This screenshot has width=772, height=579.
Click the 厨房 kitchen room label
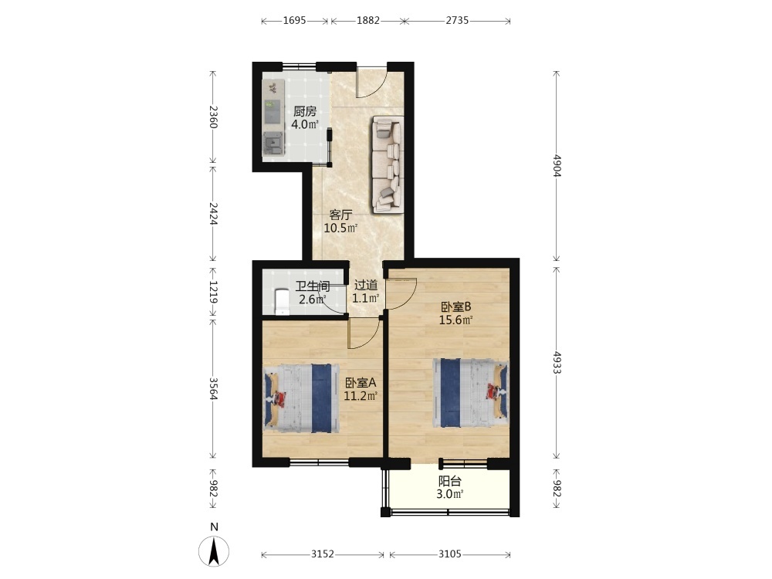click(x=305, y=111)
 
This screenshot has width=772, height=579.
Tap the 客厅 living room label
click(x=340, y=215)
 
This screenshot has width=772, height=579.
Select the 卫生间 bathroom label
click(x=313, y=286)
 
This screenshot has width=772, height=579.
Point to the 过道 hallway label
click(x=366, y=285)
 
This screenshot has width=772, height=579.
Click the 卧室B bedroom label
click(x=456, y=306)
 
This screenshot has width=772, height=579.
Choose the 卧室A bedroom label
click(x=361, y=383)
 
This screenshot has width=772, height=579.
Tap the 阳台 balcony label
click(x=449, y=481)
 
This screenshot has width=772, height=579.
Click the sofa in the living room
click(x=388, y=164)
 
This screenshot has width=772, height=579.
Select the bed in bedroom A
click(x=301, y=398)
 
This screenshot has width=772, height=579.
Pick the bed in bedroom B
click(x=471, y=393)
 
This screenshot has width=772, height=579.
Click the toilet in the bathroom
click(x=281, y=301)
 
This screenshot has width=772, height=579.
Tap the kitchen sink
click(x=273, y=144)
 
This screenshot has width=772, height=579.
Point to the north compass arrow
click(x=214, y=551)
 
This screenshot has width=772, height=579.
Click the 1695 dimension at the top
click(x=294, y=20)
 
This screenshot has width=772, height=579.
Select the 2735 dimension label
click(x=457, y=20)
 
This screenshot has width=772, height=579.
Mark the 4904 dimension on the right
click(x=557, y=165)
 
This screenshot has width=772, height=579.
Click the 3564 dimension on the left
click(x=213, y=389)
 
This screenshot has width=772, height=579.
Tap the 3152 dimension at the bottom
click(x=323, y=554)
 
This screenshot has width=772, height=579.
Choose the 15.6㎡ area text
click(x=456, y=320)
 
